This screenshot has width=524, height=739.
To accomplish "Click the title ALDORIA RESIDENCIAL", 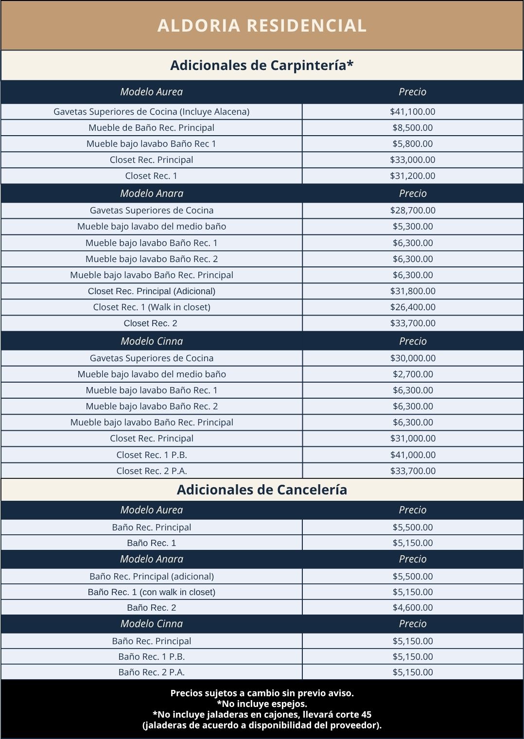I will coord(262,26).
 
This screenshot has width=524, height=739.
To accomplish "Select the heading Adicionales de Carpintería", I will coord(262,65).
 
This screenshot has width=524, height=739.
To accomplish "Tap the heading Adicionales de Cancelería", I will coord(262,490).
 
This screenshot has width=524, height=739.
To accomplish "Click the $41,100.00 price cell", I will coord(413,111).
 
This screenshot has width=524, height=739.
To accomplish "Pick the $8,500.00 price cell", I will coord(413,127).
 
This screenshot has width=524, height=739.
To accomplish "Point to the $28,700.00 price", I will coord(413,210).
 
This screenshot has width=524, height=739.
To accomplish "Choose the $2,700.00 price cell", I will coord(413,374).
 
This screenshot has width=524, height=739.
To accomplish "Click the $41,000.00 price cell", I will coord(413,455).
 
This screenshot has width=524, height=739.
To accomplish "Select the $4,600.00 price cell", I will coord(413,607).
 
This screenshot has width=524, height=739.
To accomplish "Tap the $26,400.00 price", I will coord(413,307).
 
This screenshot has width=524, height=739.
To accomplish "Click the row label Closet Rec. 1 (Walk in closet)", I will coord(152,307).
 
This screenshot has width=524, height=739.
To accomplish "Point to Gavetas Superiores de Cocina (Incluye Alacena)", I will coord(152,111).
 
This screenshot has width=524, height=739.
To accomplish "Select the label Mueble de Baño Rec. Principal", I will coord(152,127).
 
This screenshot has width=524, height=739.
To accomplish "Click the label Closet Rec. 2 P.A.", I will coord(152,471).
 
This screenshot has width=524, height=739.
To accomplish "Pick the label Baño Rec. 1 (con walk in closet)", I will coord(152,592).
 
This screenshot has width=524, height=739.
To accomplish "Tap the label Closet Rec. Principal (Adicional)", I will coord(152,291).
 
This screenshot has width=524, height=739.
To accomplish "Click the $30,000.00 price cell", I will coord(413,358).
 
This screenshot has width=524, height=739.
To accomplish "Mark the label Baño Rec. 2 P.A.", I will coord(152,672).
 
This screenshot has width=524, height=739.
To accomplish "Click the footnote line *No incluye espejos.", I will coord(262,704).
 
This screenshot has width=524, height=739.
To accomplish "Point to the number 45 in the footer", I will coord(367,714).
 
